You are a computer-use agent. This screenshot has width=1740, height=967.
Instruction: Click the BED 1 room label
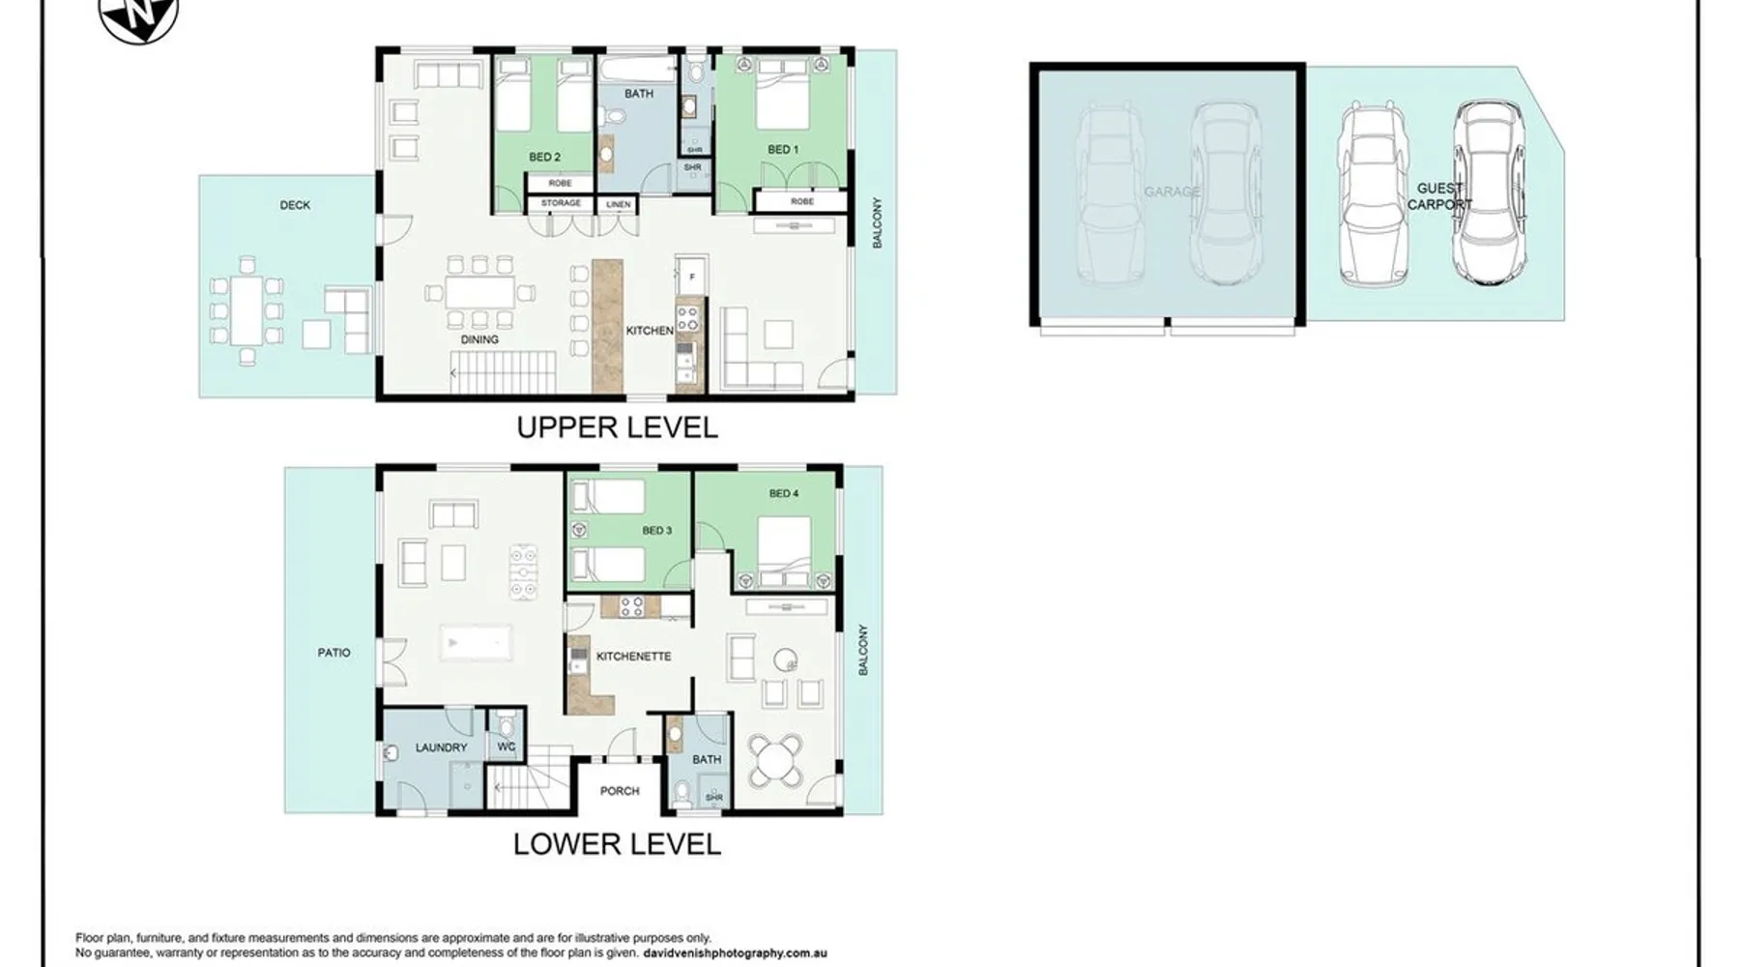point(783,150)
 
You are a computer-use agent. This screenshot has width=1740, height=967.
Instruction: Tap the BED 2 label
point(544,157)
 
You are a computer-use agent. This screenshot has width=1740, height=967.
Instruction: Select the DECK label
point(295,205)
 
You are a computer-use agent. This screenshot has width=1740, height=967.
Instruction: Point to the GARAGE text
point(1172,191)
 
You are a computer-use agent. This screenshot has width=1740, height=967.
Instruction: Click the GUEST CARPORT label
point(1439,196)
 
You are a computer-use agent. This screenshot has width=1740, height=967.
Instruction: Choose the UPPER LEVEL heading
point(617,427)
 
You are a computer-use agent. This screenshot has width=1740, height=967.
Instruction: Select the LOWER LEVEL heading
point(617,844)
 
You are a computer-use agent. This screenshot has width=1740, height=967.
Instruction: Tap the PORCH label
point(620,791)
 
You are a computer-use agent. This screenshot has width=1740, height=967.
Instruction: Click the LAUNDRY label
point(441,747)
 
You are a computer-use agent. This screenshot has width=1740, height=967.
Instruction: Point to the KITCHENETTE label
point(633,657)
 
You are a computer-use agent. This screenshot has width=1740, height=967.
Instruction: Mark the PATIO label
point(333,653)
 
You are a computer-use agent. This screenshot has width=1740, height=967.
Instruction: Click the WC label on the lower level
point(506,747)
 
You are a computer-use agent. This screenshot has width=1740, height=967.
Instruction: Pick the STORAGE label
point(561,203)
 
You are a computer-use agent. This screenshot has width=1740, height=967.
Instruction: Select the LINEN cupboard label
point(619,205)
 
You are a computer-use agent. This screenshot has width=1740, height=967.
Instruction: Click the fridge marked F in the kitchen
point(691,277)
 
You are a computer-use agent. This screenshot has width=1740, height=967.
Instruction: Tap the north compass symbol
point(139,17)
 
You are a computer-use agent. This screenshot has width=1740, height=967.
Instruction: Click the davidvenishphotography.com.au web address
point(735,953)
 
